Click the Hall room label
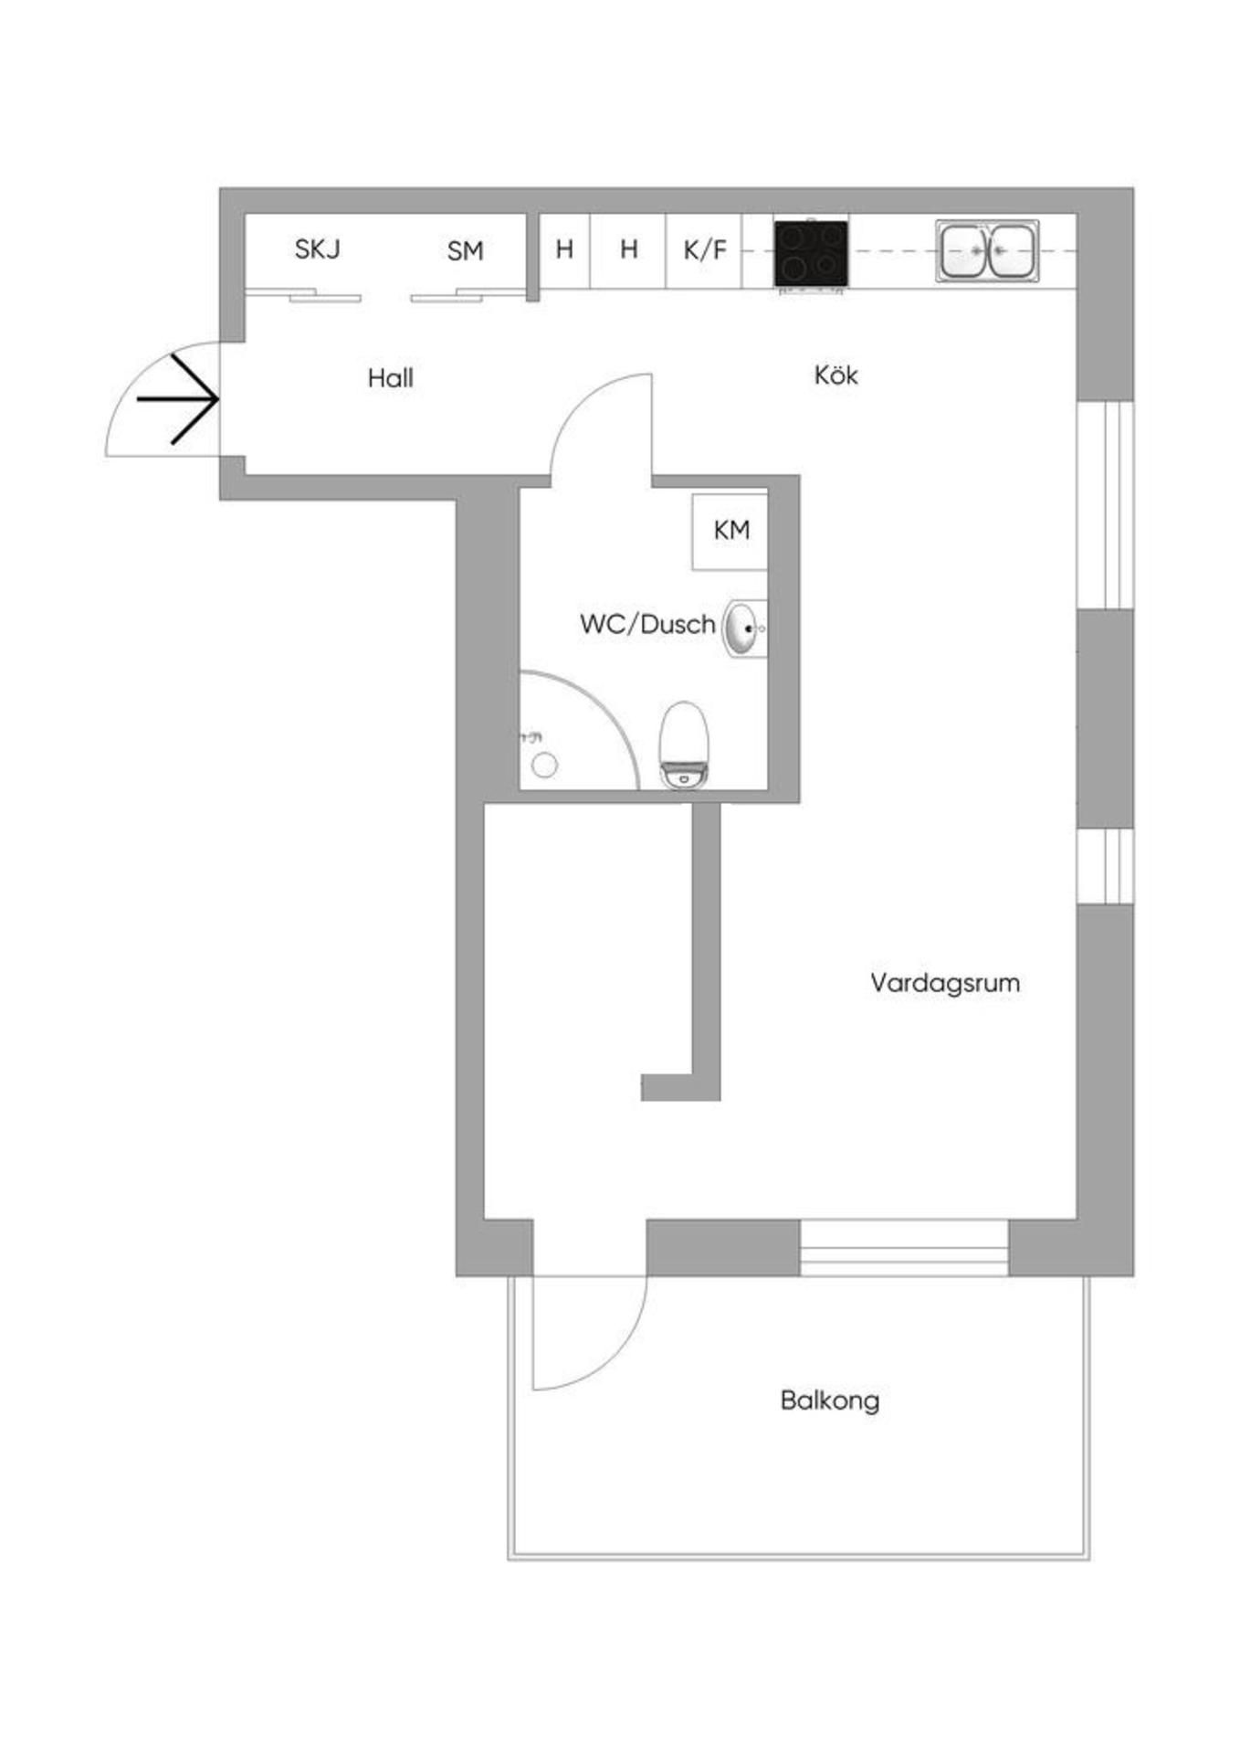point(390,378)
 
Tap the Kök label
point(835,375)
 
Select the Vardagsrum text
point(944,983)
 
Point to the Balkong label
point(829,1400)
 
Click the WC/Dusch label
point(647,624)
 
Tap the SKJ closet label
point(317,248)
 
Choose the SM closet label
point(465,250)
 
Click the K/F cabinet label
point(705,249)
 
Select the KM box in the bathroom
point(730,531)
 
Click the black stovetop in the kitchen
point(811,253)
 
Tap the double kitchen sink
point(988,250)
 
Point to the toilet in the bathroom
point(685,745)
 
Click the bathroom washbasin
point(745,629)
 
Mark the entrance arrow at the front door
point(177,399)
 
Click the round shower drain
point(544,766)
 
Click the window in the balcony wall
point(904,1248)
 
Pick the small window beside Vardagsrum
point(1106,865)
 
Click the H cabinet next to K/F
point(628,249)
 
